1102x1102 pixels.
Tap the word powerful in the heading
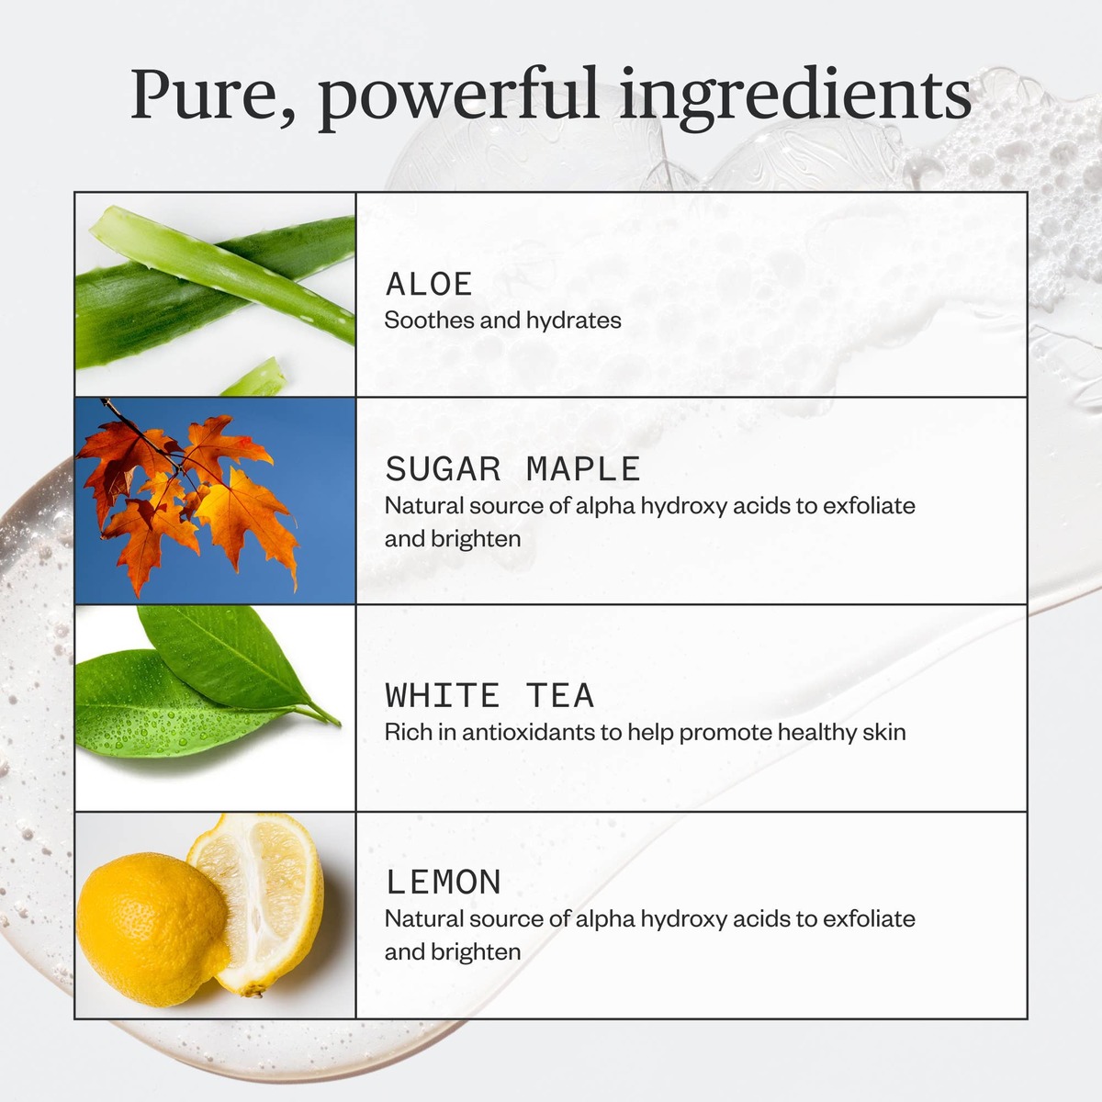click(457, 96)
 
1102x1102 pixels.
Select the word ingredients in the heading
click(795, 96)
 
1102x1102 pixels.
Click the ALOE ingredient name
click(429, 285)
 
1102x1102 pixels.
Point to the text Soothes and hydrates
click(502, 320)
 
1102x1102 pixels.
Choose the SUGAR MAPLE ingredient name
click(512, 469)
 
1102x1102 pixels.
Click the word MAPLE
click(583, 469)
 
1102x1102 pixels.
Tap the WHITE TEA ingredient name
click(489, 696)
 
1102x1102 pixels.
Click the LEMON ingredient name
click(444, 883)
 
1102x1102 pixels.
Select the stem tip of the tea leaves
click(336, 722)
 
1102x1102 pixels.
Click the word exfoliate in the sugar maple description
click(869, 506)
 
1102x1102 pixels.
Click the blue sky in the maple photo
click(312, 432)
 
